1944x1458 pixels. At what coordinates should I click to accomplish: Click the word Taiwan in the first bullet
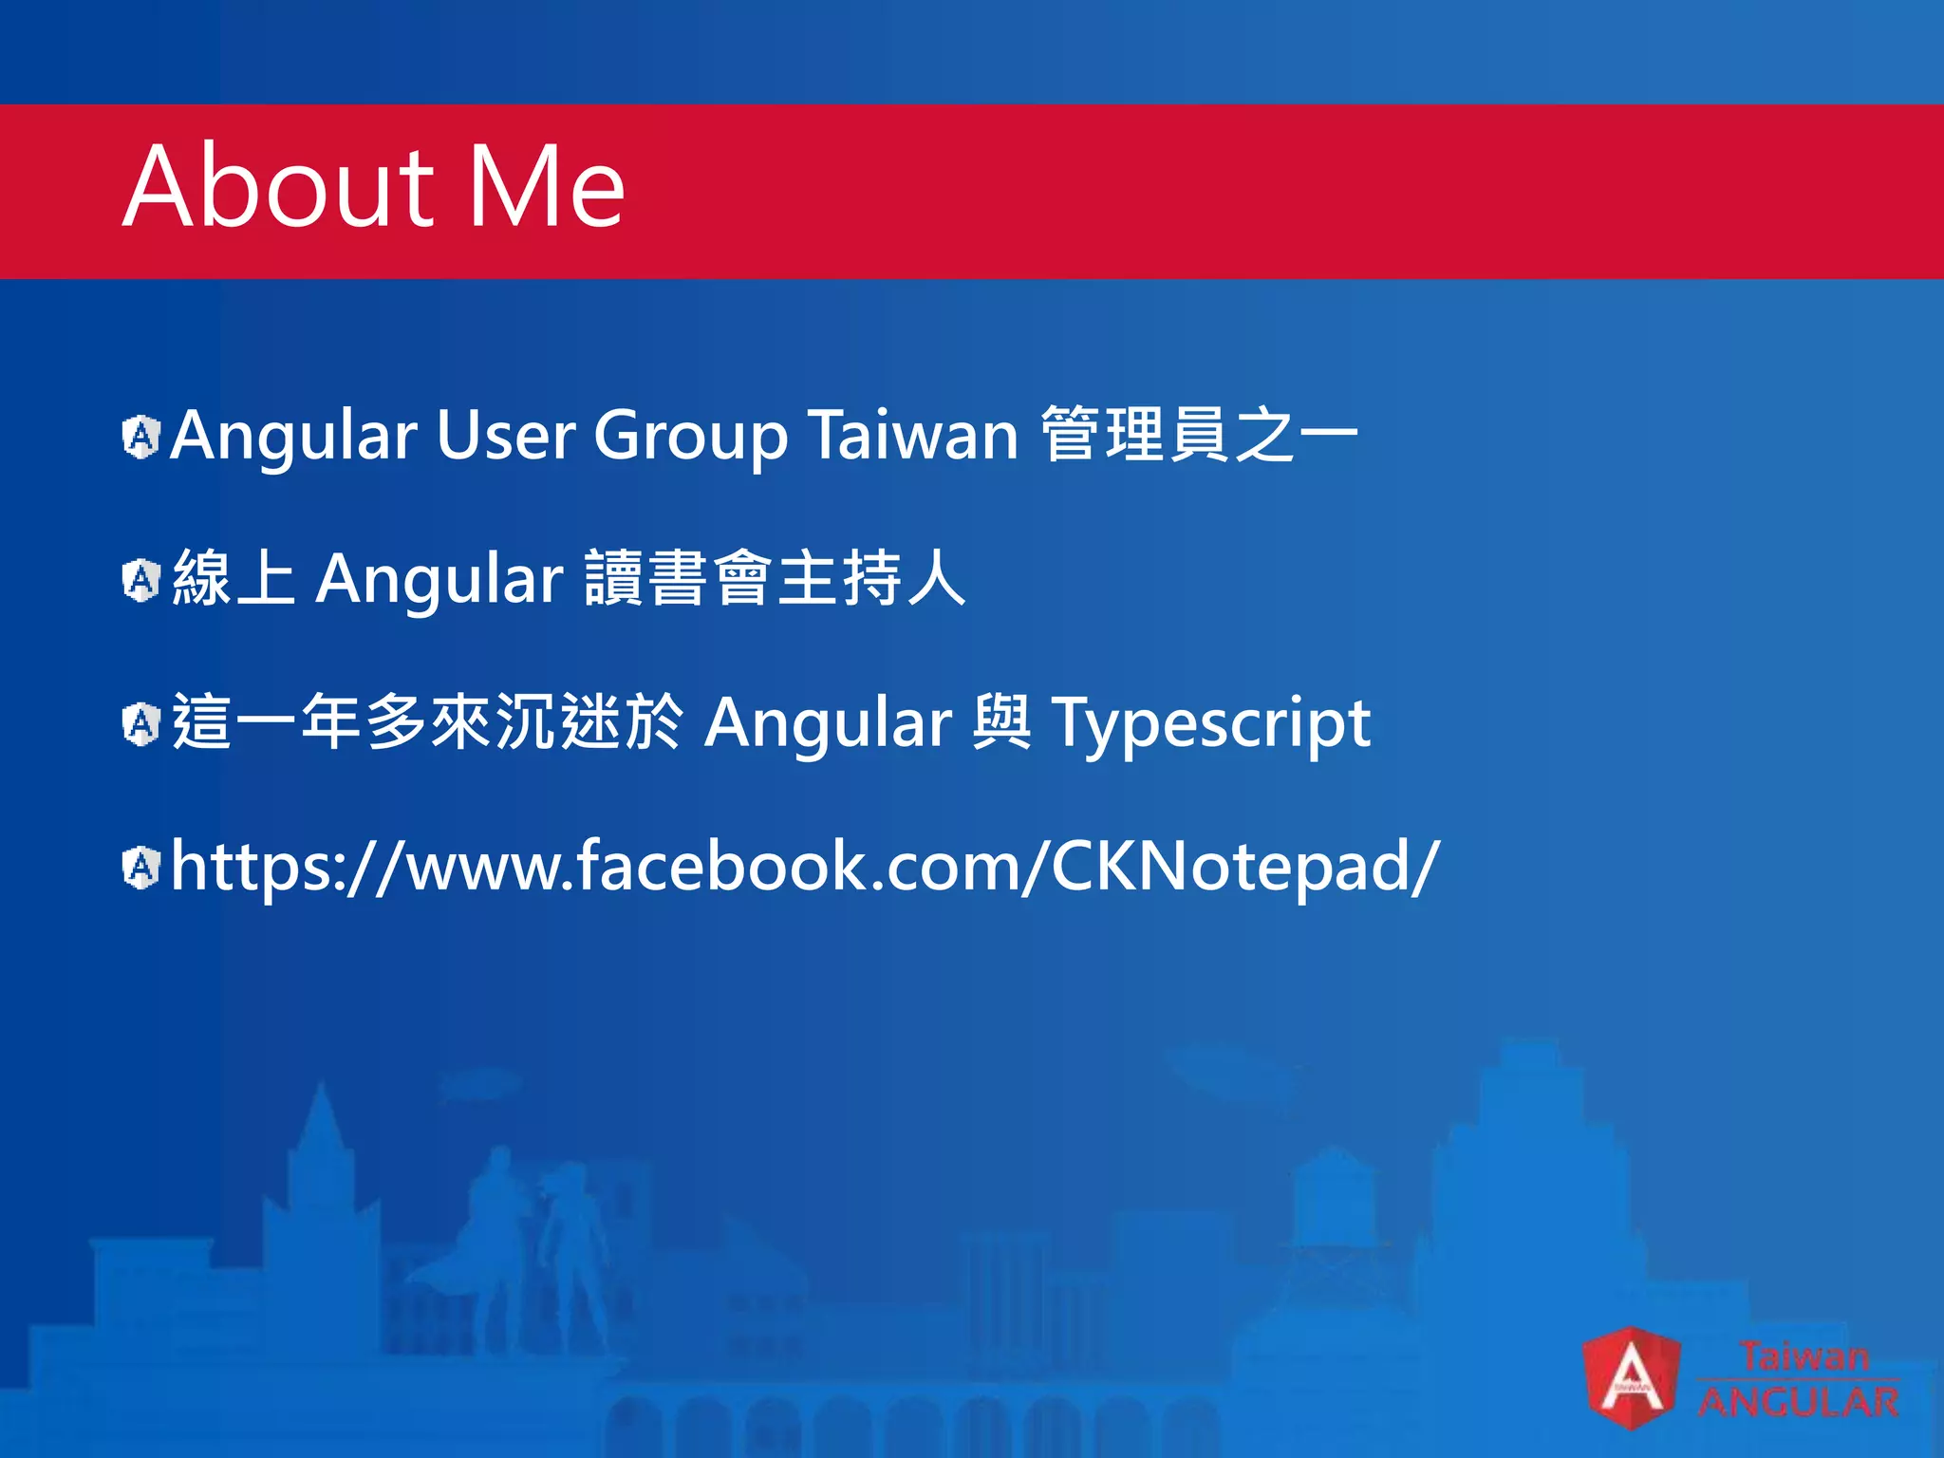[x=913, y=436]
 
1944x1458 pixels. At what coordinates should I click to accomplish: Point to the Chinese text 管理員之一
[x=1199, y=435]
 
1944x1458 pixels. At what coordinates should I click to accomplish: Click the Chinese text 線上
[x=234, y=578]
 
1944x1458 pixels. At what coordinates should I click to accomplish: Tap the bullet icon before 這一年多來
[x=141, y=724]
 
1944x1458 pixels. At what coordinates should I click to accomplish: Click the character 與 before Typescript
[x=1002, y=722]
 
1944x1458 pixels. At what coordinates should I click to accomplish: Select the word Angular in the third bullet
[x=828, y=724]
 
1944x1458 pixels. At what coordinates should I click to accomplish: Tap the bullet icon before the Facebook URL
[x=141, y=868]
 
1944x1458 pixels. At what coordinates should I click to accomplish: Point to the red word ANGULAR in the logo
[x=1798, y=1402]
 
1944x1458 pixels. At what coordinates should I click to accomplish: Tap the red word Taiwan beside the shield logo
[x=1803, y=1355]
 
